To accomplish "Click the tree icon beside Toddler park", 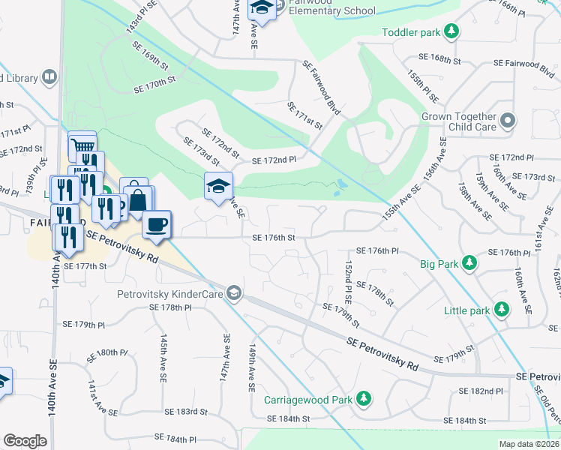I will click(x=451, y=31).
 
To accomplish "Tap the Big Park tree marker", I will click(x=469, y=263).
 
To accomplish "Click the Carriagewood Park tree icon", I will click(x=364, y=398).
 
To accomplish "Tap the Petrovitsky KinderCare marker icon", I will click(x=235, y=292).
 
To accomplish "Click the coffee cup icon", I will click(x=157, y=224).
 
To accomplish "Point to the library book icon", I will click(x=49, y=77).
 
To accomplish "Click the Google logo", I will click(x=25, y=441).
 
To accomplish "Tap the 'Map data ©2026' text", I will click(x=529, y=444).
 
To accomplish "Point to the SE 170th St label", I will click(x=154, y=79).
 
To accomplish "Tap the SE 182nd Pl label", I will click(x=481, y=391).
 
